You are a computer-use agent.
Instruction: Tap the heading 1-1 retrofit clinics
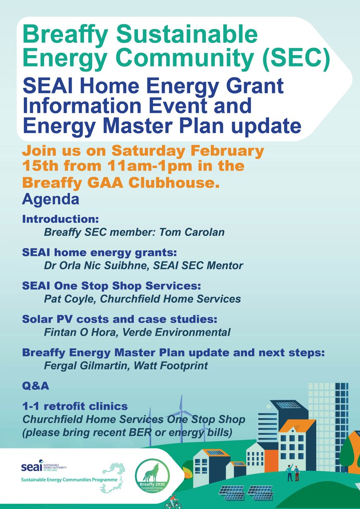click(75, 406)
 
